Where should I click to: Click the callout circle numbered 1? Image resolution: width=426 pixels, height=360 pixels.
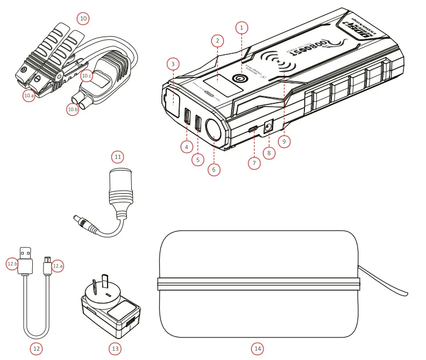(x=242, y=26)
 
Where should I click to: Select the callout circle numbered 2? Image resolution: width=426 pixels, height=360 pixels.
(x=217, y=41)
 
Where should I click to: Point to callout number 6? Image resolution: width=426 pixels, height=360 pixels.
(x=214, y=170)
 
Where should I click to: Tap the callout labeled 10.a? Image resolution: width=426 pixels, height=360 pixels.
(x=29, y=95)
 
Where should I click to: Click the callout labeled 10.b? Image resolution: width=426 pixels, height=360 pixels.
(x=73, y=109)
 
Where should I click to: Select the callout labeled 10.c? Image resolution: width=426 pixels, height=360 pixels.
(x=87, y=76)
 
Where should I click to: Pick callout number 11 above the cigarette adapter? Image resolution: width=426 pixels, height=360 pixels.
(x=118, y=157)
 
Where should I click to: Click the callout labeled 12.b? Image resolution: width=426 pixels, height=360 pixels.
(x=12, y=264)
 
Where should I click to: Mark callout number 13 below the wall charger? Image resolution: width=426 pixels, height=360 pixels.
(x=115, y=349)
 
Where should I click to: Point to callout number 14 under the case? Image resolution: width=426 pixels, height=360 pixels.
(x=258, y=349)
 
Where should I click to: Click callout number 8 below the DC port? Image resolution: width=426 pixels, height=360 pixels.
(x=268, y=153)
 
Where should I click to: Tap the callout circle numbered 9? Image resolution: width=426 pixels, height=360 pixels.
(x=285, y=141)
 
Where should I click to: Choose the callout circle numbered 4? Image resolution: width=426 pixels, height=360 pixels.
(x=187, y=146)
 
